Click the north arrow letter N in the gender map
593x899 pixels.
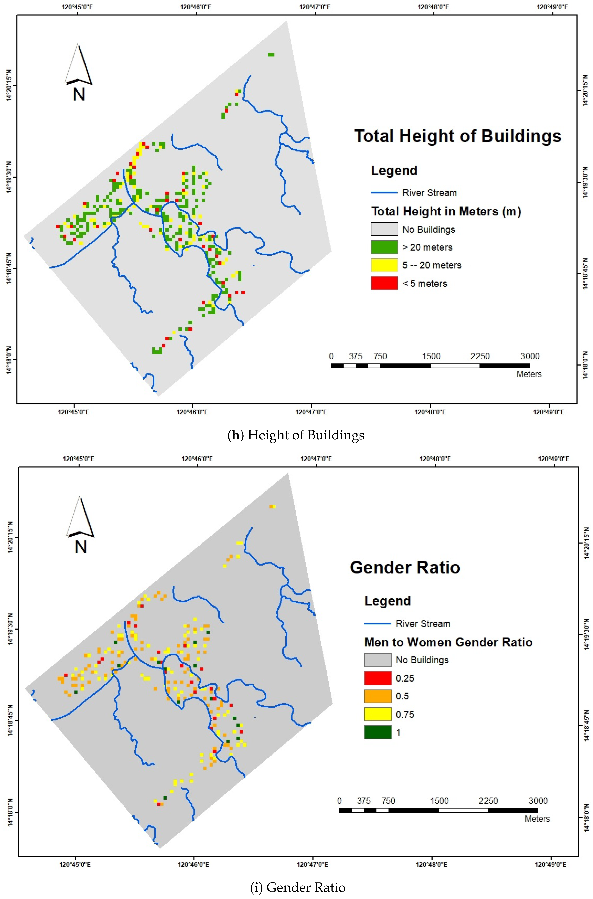click(81, 547)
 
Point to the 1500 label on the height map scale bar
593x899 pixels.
click(431, 356)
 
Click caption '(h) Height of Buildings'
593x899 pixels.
click(296, 435)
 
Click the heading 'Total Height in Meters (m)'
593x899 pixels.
click(446, 211)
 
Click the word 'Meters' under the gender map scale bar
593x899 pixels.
click(537, 819)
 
